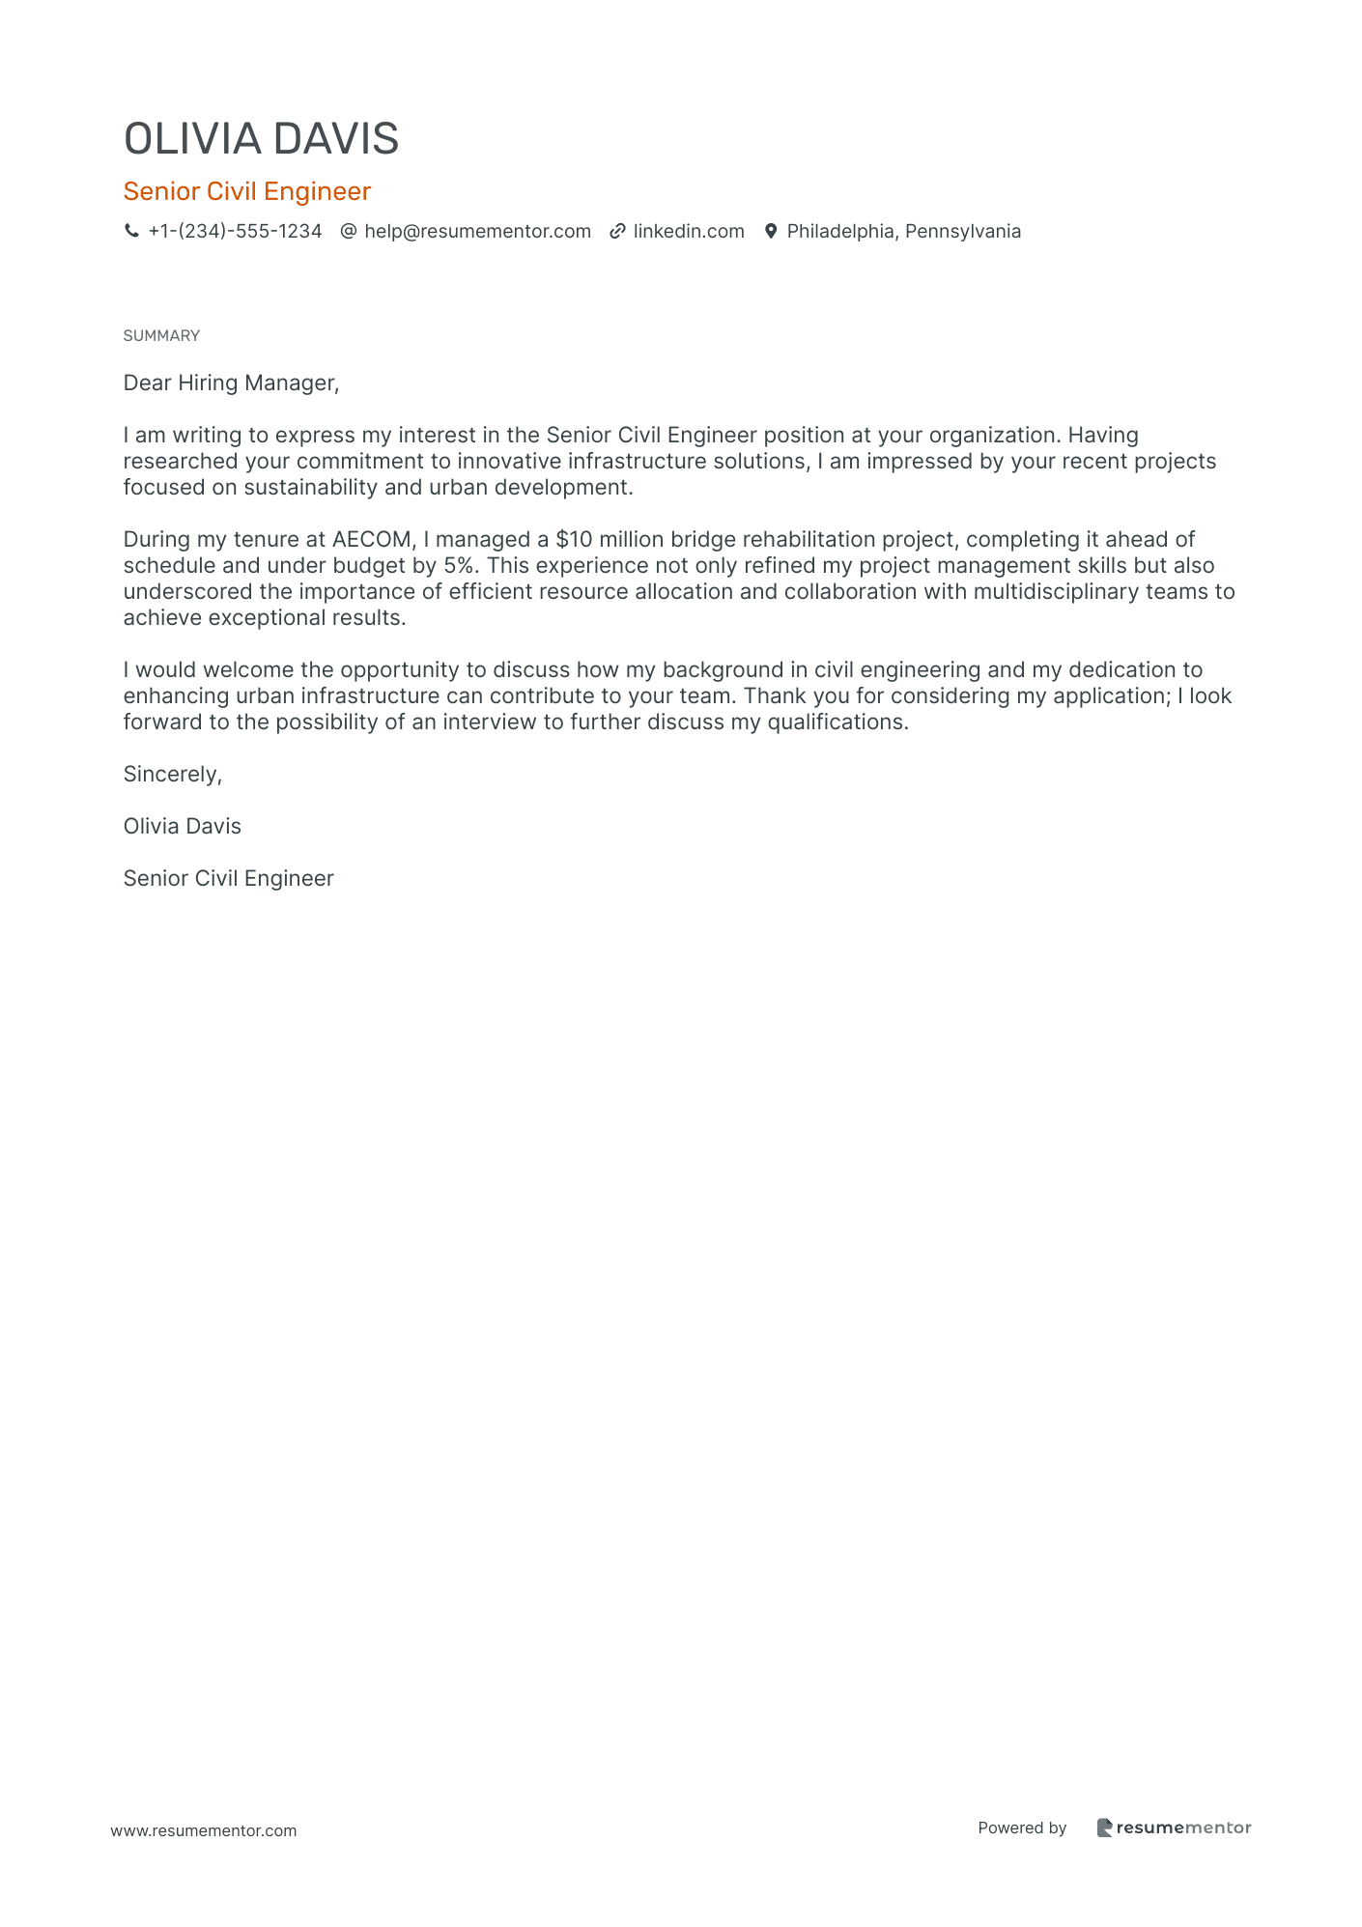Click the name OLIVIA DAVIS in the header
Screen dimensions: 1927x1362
pos(261,139)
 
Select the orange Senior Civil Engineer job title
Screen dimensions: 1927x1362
pos(247,191)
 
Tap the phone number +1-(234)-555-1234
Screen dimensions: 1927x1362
pos(235,232)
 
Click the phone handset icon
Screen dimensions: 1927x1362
pos(131,232)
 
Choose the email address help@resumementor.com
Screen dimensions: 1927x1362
pos(477,232)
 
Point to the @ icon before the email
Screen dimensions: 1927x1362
pos(349,232)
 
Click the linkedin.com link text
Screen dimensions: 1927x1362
pos(689,232)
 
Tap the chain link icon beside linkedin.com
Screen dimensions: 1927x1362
pos(617,232)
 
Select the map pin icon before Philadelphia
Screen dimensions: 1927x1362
pos(771,232)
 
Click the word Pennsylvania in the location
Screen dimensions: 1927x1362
pos(962,232)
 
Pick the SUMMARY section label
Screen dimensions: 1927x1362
pos(161,336)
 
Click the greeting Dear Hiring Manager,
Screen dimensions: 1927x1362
pos(231,383)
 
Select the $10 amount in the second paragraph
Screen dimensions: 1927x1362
pos(574,540)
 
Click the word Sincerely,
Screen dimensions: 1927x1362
pos(173,775)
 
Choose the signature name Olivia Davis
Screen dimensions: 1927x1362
pos(183,827)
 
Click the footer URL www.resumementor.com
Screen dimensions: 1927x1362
pos(204,1831)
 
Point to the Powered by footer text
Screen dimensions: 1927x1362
pos(1022,1828)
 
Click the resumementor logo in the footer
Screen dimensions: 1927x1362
pos(1174,1828)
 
